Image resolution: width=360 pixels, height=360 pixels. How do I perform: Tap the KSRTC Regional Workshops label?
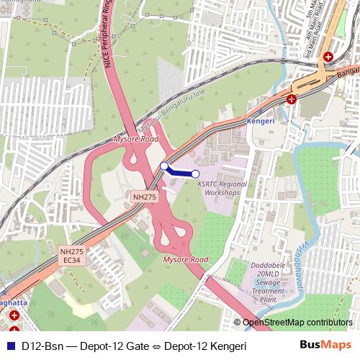point(222,189)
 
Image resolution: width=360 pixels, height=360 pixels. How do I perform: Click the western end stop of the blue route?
point(164,166)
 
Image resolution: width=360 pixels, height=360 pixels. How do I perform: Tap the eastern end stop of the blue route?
point(195,174)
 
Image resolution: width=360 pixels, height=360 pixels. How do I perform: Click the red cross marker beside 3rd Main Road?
point(328,56)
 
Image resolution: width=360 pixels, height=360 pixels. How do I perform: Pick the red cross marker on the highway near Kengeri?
point(291,99)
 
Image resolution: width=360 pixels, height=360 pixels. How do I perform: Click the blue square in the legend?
point(9,346)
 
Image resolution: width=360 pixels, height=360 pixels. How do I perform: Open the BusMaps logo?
point(325,346)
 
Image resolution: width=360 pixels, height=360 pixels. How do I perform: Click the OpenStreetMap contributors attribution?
point(297,323)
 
